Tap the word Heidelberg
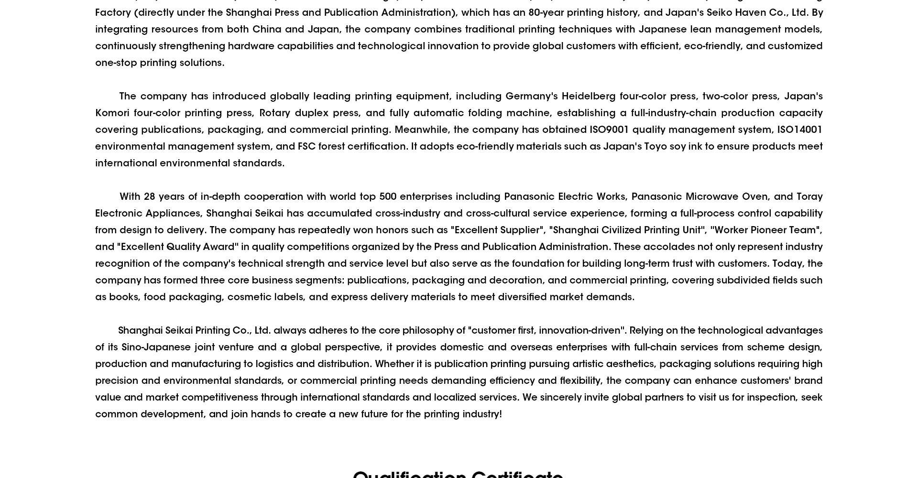point(588,96)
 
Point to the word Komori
point(112,113)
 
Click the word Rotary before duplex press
point(274,113)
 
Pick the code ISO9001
point(609,130)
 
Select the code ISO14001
point(799,130)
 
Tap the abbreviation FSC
point(306,146)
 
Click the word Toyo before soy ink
point(655,146)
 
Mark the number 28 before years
point(149,196)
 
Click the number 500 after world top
point(387,196)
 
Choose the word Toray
point(809,196)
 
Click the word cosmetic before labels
point(249,297)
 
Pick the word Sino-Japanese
point(156,347)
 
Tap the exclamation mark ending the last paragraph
point(501,414)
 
